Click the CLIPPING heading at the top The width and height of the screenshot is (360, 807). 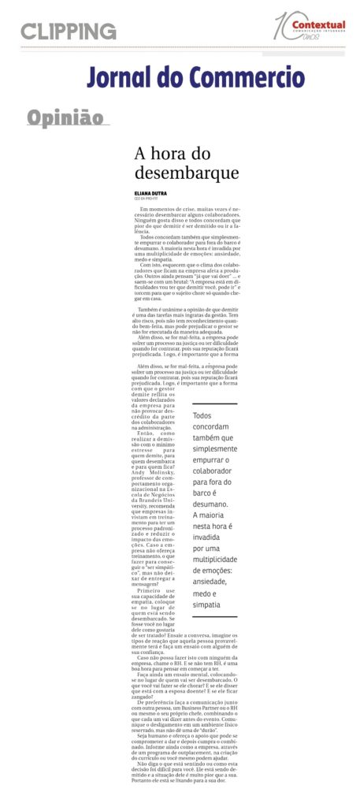point(69,32)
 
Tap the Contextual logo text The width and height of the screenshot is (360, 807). point(318,26)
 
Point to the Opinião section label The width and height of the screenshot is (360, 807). point(65,118)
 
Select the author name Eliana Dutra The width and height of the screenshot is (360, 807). point(151,193)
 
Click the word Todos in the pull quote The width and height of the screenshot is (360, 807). point(202,415)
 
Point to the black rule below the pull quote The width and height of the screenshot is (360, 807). point(214,616)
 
